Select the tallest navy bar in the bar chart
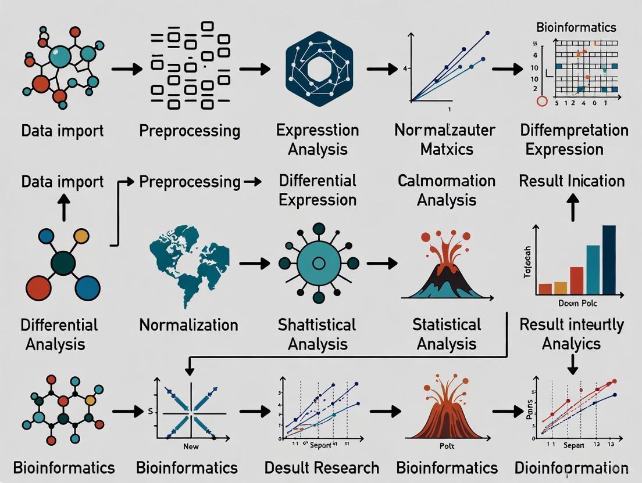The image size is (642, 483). [609, 259]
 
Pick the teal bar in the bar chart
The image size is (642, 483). [593, 269]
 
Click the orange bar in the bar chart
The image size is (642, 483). [561, 287]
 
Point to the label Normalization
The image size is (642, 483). [188, 325]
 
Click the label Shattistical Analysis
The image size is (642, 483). [318, 334]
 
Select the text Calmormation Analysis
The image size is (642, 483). [447, 190]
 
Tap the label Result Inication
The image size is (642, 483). [572, 181]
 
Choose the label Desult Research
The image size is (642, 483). [322, 467]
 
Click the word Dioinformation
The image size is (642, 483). [572, 467]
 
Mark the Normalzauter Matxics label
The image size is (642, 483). [447, 140]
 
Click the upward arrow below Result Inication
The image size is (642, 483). [572, 207]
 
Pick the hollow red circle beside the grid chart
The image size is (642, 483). [542, 101]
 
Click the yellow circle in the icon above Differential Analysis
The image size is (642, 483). [82, 236]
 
